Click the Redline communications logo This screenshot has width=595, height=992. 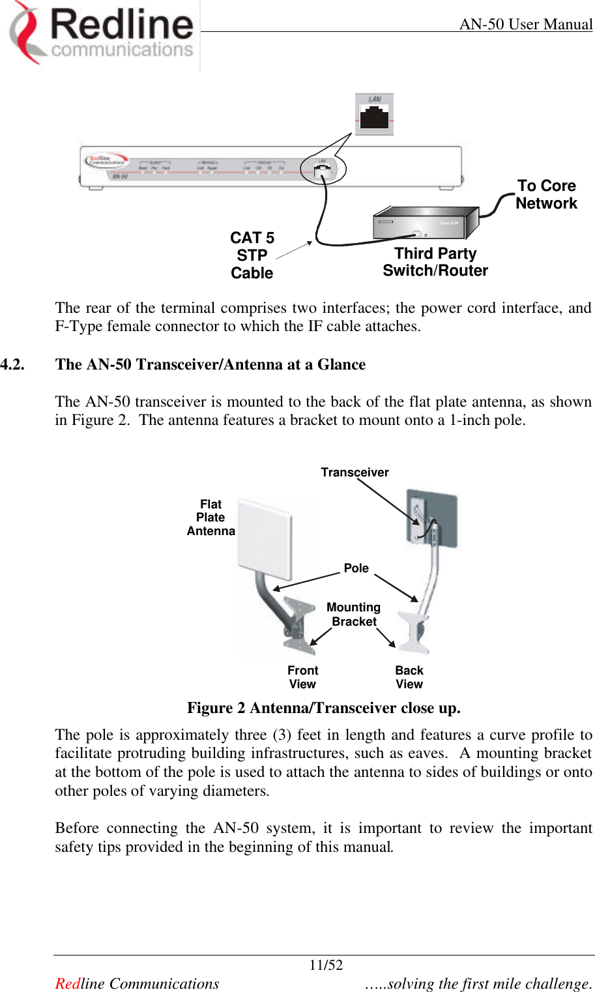102,34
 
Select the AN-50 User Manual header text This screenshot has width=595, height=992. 525,25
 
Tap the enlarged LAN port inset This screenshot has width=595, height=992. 374,114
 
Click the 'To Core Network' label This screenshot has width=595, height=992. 546,195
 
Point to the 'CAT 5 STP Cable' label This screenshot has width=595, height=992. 252,255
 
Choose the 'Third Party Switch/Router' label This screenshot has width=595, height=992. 435,262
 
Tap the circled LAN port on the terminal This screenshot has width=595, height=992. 323,170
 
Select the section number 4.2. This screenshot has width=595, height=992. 13,364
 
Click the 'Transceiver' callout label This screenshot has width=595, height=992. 355,473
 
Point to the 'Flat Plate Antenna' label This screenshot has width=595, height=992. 210,518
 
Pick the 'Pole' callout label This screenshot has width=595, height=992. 356,568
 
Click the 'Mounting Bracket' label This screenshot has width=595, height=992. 353,615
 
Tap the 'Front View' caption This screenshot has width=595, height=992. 302,677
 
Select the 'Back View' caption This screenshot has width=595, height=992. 409,677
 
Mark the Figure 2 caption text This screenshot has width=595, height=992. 323,708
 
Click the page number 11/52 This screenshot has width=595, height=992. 326,965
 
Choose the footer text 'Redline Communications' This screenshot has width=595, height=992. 137,984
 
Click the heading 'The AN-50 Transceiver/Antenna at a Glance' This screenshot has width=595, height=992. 210,364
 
